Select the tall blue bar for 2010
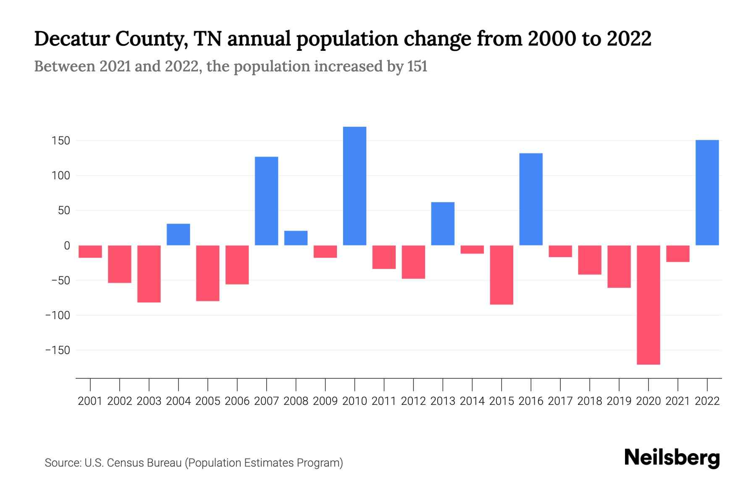coord(354,186)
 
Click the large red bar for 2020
coord(648,305)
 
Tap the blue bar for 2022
coord(707,192)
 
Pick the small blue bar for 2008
coord(296,238)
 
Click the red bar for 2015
coord(501,275)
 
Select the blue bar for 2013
coord(443,224)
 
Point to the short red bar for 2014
coord(472,249)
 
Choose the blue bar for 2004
coord(178,234)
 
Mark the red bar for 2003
coord(149,274)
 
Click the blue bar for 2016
coord(531,199)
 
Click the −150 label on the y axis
coord(58,350)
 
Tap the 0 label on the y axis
coord(67,246)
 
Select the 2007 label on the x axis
coord(266,401)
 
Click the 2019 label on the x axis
coord(619,401)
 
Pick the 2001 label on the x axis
coord(90,401)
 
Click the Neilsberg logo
coord(672,458)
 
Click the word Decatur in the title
coord(71,39)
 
